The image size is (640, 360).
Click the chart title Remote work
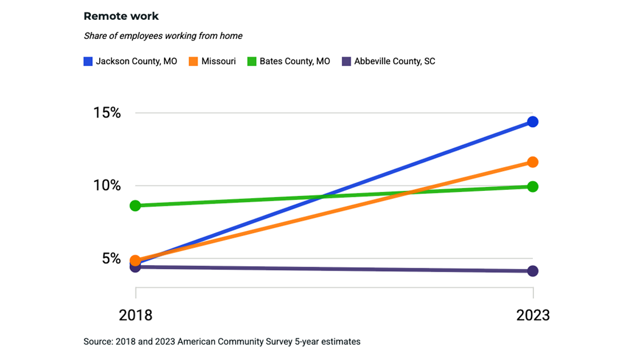coord(121,16)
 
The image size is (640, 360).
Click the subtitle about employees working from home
coord(163,36)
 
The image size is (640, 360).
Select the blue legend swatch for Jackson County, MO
coord(88,61)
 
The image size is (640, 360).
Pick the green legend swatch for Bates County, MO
coord(252,61)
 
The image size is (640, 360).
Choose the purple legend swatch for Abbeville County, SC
coord(346,61)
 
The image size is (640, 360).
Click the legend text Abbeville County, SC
coord(395,61)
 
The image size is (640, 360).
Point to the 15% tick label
coord(107,113)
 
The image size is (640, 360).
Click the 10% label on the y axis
coord(107,186)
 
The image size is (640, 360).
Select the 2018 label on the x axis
coord(135,315)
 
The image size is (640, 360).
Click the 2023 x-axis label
coord(533,315)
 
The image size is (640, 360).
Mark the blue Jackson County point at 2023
coord(532,122)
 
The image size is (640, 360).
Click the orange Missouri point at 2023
coord(532,162)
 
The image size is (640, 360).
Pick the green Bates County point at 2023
coord(532,187)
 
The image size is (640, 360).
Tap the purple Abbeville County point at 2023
coord(532,271)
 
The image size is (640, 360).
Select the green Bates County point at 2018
coord(135,205)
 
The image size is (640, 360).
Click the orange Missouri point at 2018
coord(135,260)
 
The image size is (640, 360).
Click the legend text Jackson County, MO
coord(137,61)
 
